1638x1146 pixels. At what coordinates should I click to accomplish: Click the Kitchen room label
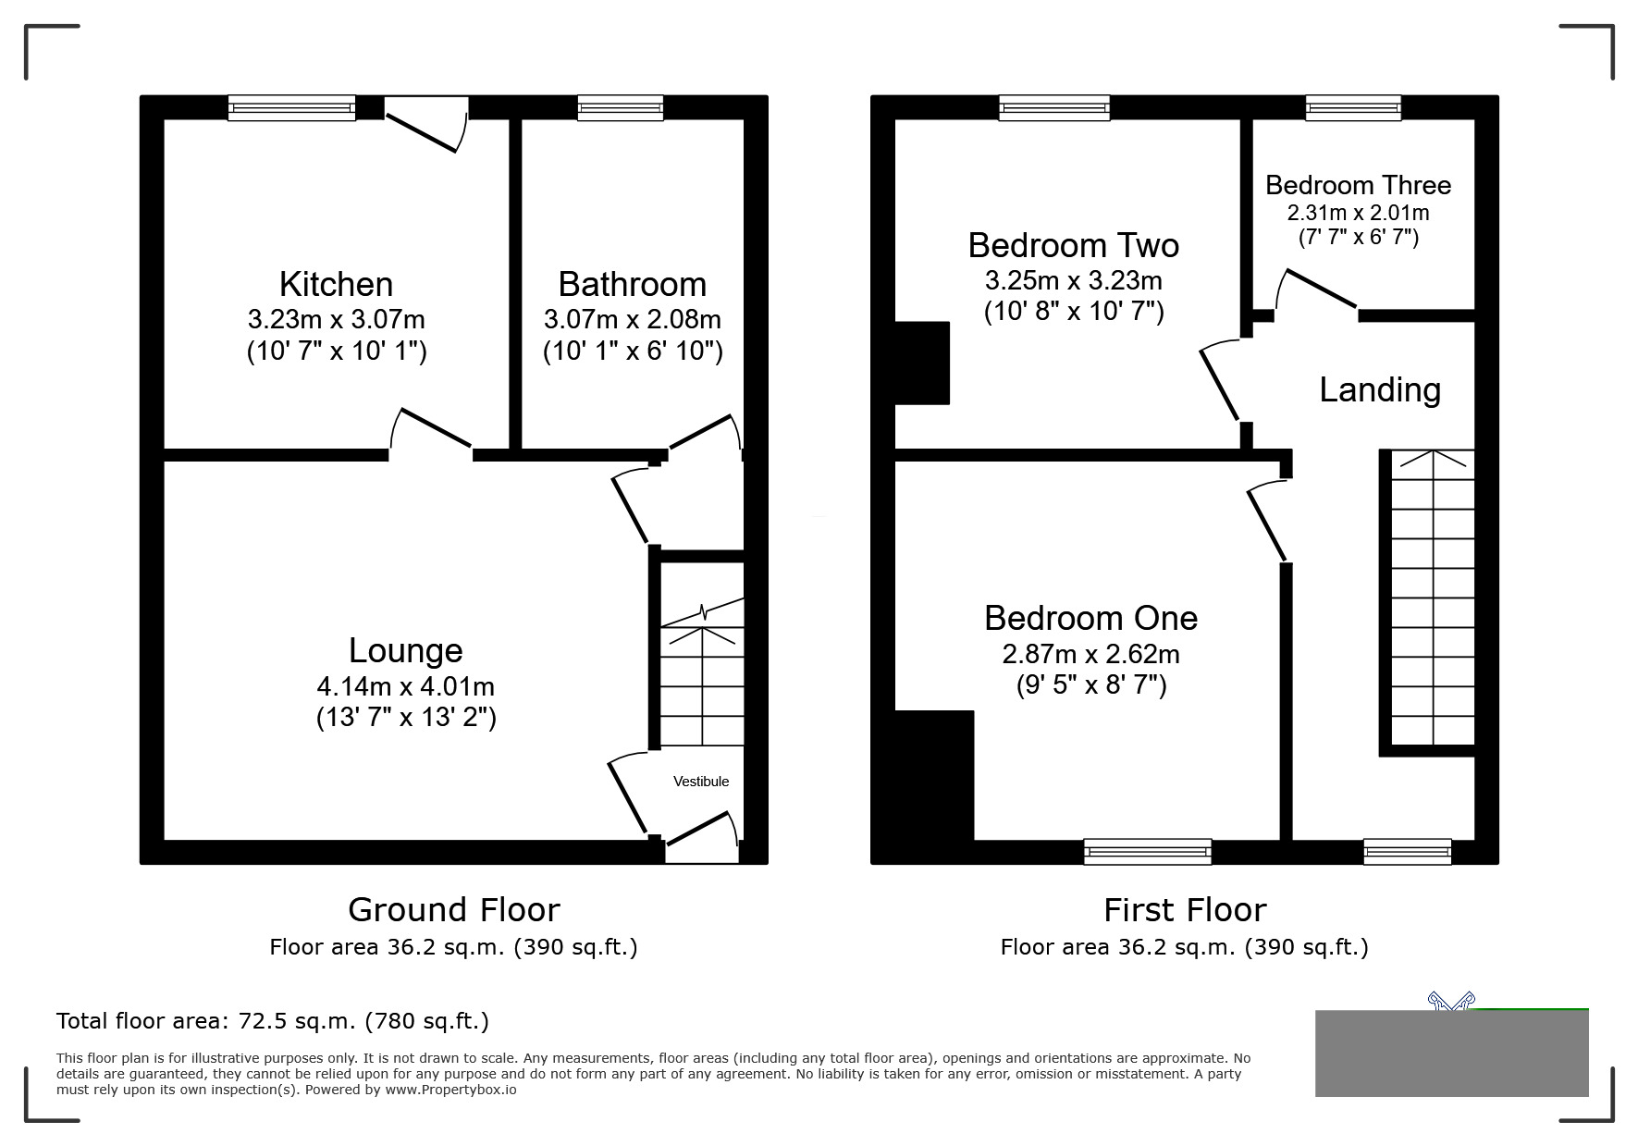coord(336,284)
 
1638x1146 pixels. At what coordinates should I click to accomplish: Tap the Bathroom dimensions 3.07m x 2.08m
coord(632,320)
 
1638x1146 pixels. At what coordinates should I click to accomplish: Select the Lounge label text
coord(405,650)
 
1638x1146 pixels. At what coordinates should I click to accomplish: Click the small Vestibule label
coord(700,782)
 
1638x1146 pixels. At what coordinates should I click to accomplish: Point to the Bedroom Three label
coord(1357,185)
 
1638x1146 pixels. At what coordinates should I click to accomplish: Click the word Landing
coord(1379,389)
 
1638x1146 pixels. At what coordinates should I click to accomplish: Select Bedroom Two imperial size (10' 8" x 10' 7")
coord(1073,311)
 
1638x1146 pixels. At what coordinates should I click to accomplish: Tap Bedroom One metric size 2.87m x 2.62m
coord(1090,655)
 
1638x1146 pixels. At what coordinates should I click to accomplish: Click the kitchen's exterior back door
coord(425,125)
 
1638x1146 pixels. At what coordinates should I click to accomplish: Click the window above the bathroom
coord(620,108)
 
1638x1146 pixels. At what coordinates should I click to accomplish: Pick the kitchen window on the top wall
coord(291,108)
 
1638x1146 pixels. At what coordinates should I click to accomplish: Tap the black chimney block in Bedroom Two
coord(922,363)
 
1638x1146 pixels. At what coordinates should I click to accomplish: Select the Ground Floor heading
coord(453,910)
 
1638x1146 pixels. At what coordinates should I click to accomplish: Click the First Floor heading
coord(1184,910)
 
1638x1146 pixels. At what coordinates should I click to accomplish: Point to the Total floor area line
coord(273,1021)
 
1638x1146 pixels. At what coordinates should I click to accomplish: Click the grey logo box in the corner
coord(1450,1053)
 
